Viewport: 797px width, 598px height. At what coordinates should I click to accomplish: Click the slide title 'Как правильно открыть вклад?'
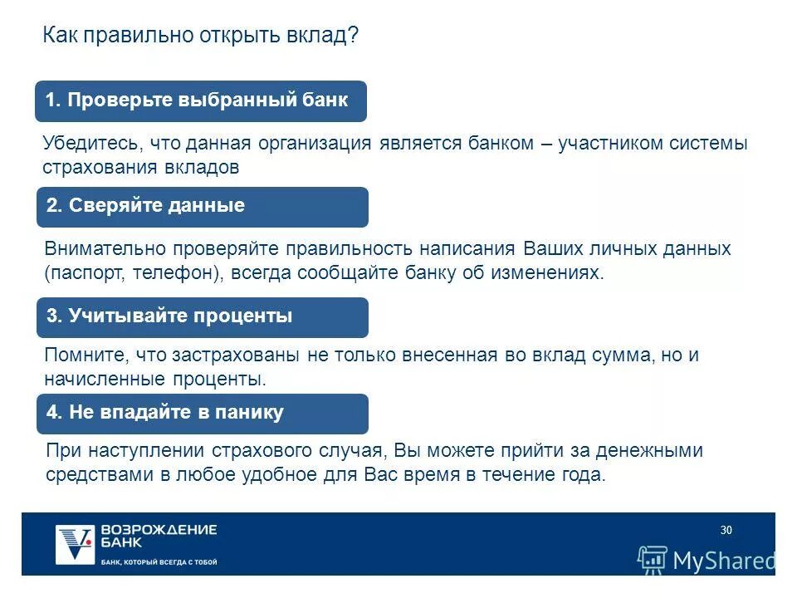click(201, 37)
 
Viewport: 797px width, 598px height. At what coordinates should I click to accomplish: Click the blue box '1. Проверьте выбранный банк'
click(200, 101)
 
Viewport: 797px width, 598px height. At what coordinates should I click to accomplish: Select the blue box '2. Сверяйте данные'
click(202, 207)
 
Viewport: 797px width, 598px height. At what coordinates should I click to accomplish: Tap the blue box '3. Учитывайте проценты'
click(202, 316)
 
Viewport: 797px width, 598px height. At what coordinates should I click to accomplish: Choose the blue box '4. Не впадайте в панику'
click(202, 413)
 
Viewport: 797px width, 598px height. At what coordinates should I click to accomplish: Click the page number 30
click(726, 531)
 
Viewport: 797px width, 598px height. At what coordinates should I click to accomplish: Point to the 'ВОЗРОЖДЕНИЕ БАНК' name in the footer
click(158, 536)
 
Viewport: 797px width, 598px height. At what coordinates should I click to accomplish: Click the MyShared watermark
click(707, 560)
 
